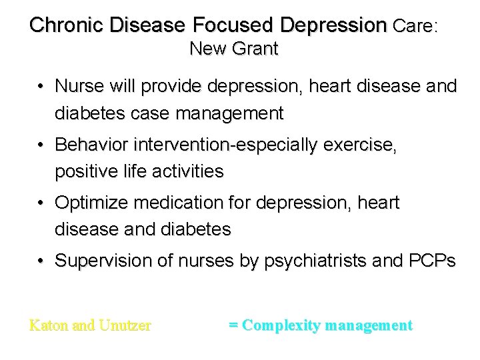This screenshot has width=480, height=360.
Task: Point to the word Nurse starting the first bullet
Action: point(77,87)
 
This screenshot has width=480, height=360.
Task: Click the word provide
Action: point(172,87)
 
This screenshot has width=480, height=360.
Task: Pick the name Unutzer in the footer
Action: point(125,326)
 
